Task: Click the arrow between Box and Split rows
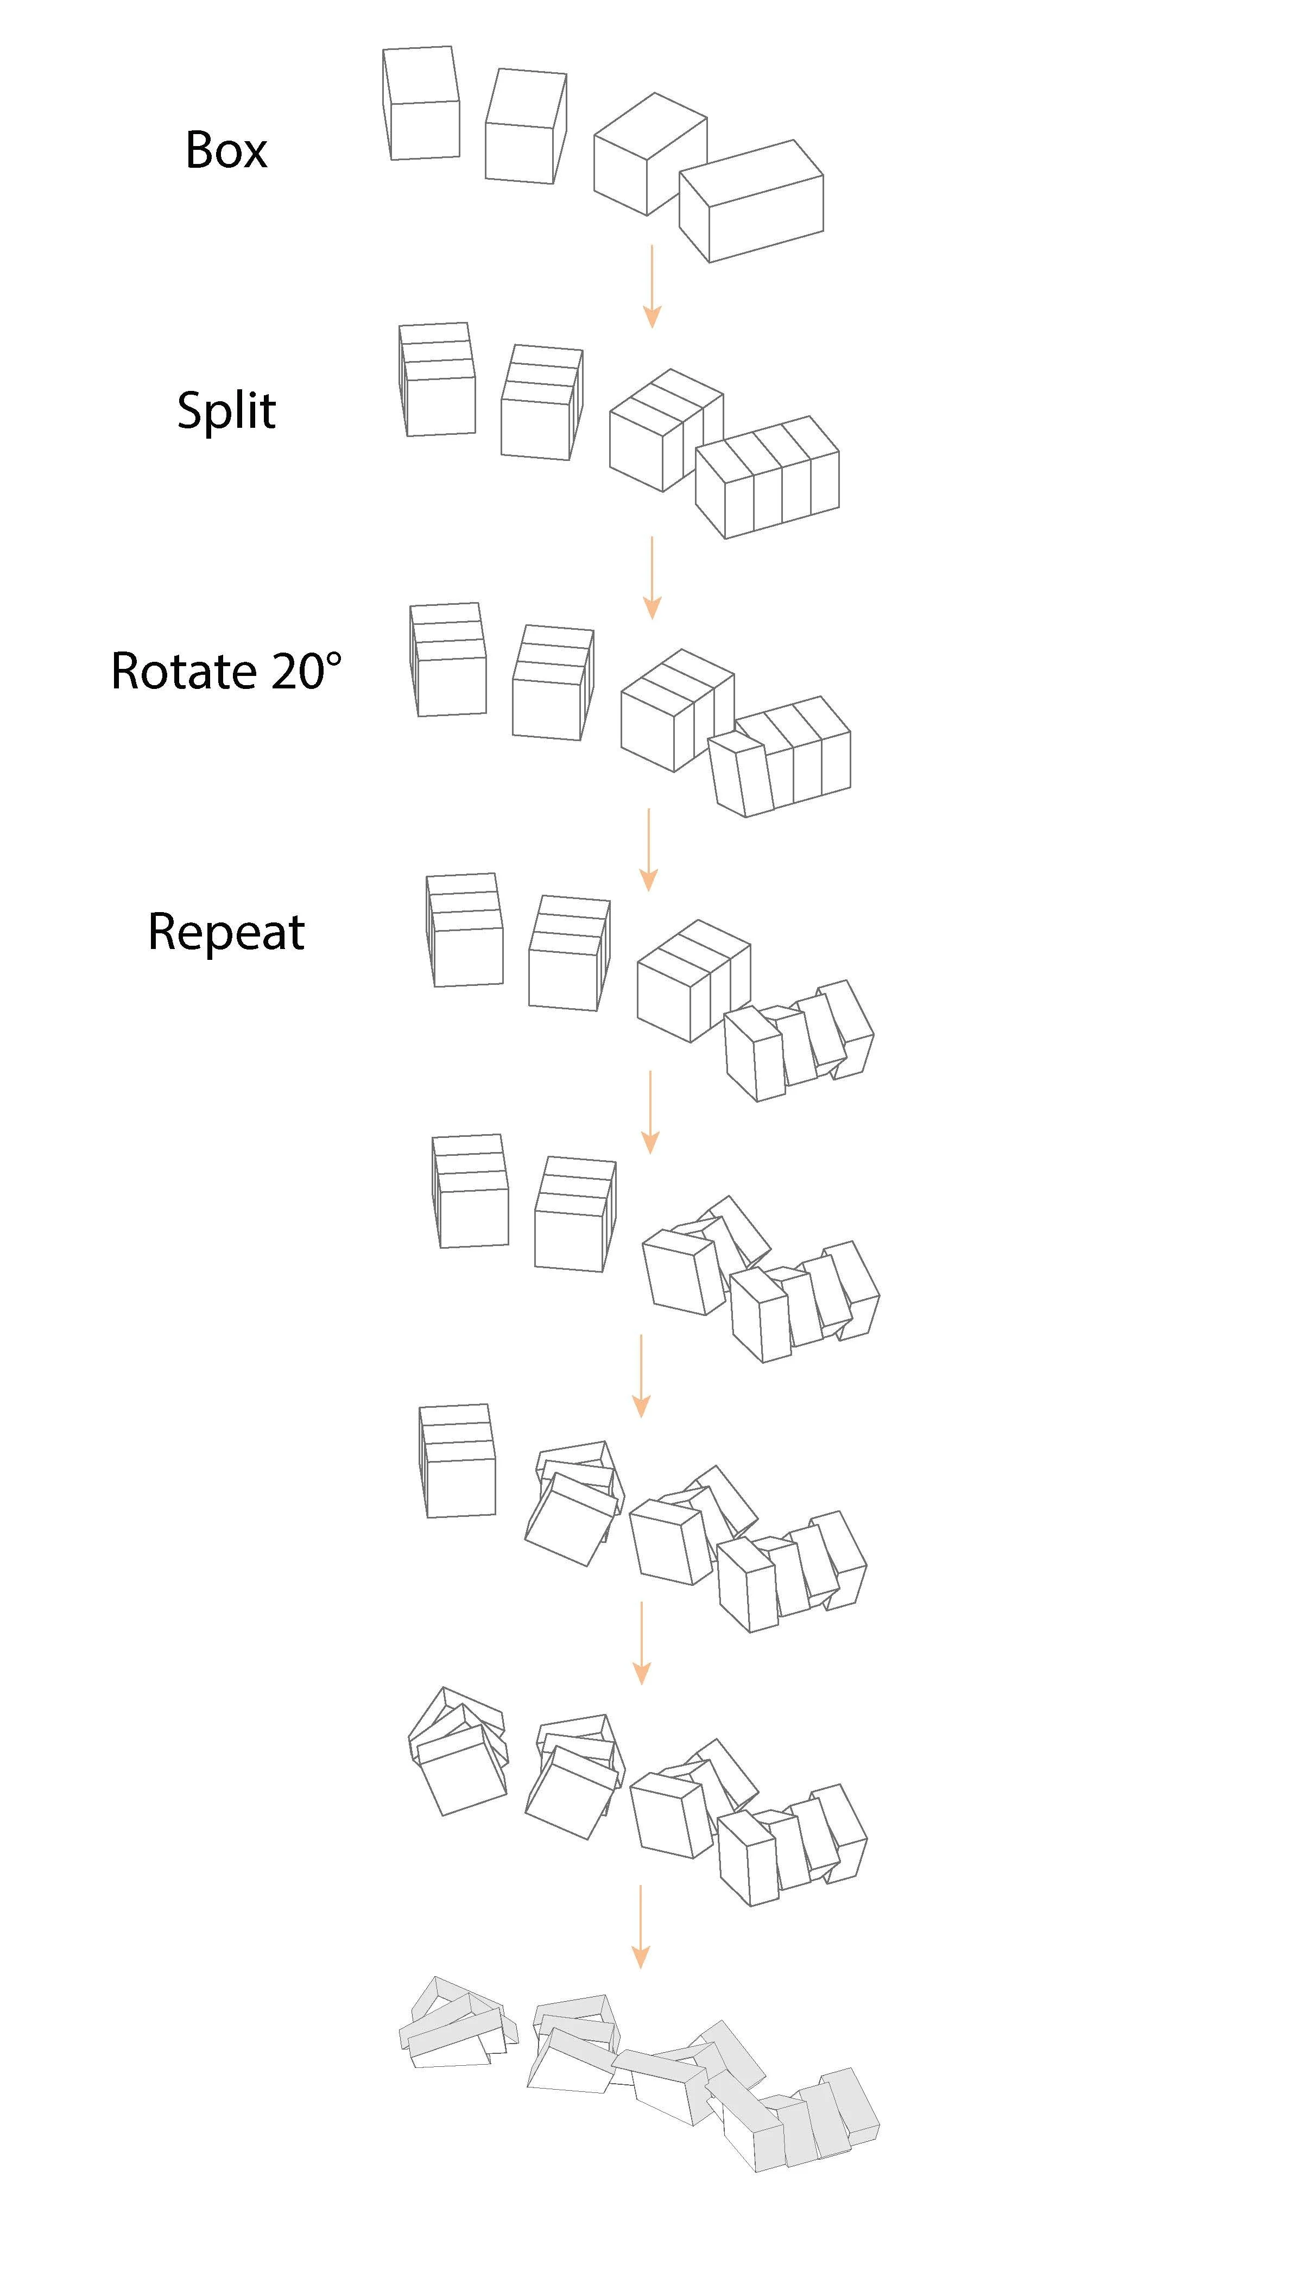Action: pos(653,286)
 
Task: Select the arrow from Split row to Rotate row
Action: pos(653,577)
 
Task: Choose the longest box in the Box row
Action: pos(752,201)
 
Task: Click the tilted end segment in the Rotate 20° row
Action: pos(742,775)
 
